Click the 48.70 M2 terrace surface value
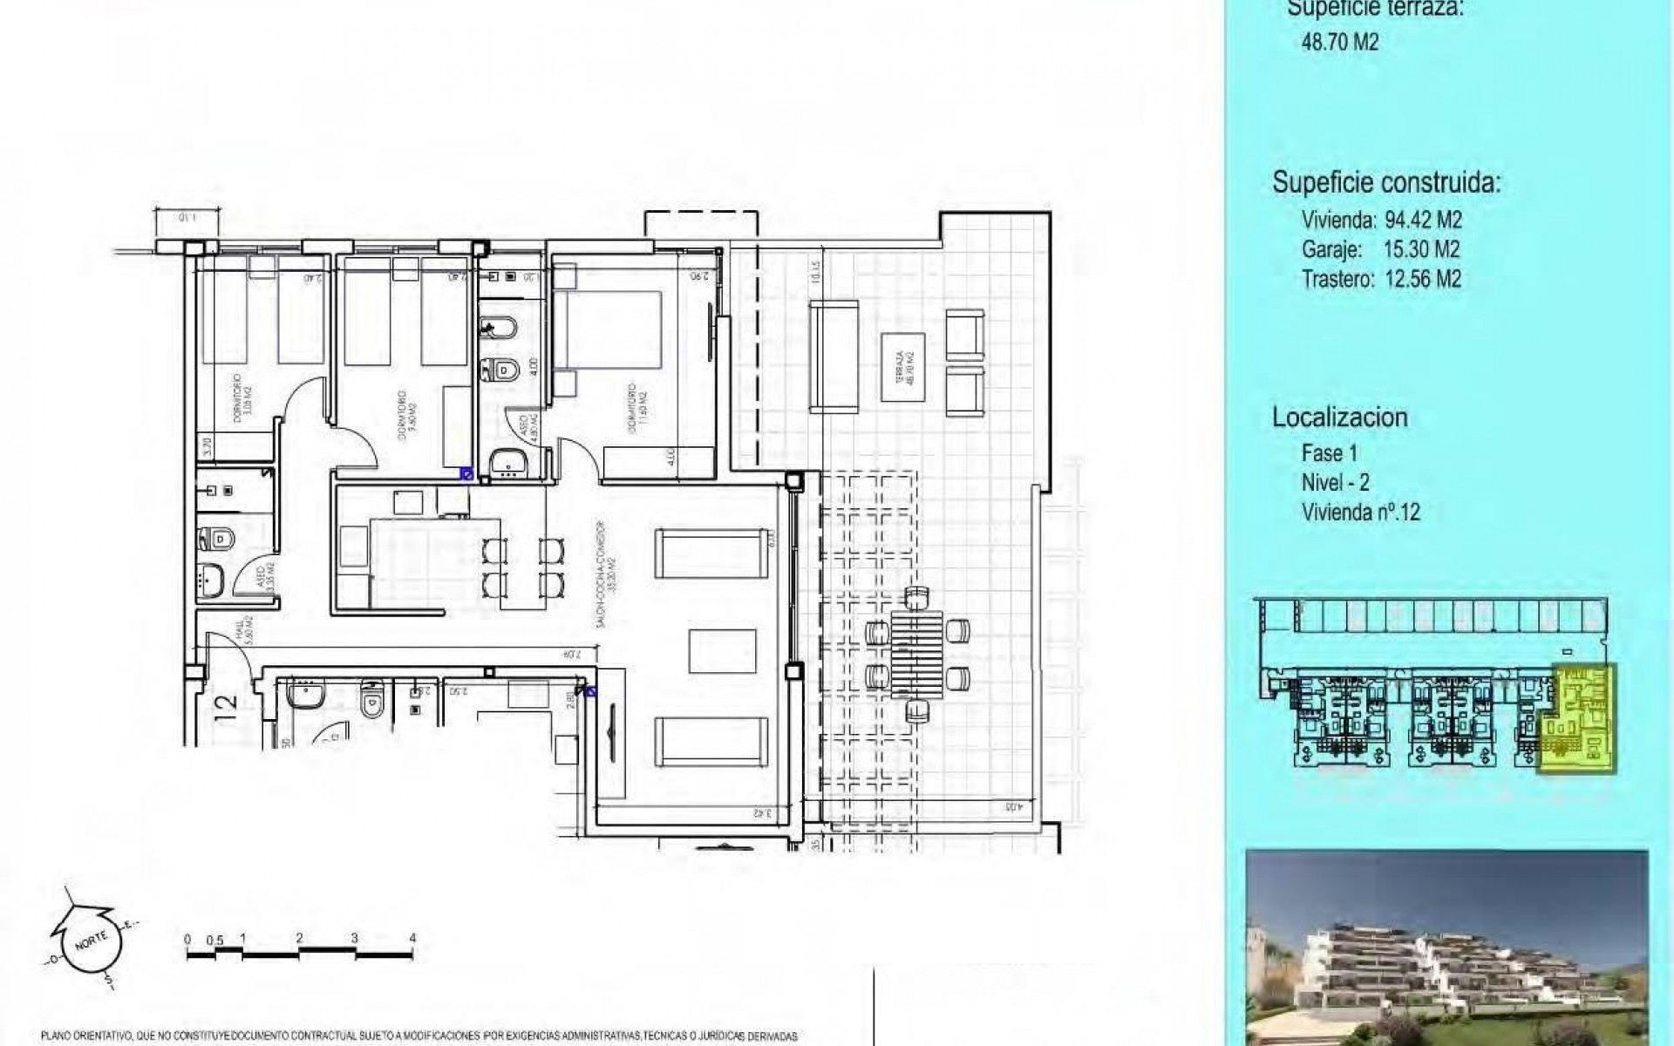coord(1340,42)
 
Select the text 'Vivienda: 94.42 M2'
coord(1381,219)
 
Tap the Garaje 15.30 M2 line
coord(1380,249)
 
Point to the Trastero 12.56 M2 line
coord(1381,279)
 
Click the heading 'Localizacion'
coord(1339,417)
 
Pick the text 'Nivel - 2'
coord(1335,482)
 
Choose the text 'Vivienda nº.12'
coord(1360,512)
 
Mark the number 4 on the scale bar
coord(412,939)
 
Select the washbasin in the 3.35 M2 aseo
coord(209,576)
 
